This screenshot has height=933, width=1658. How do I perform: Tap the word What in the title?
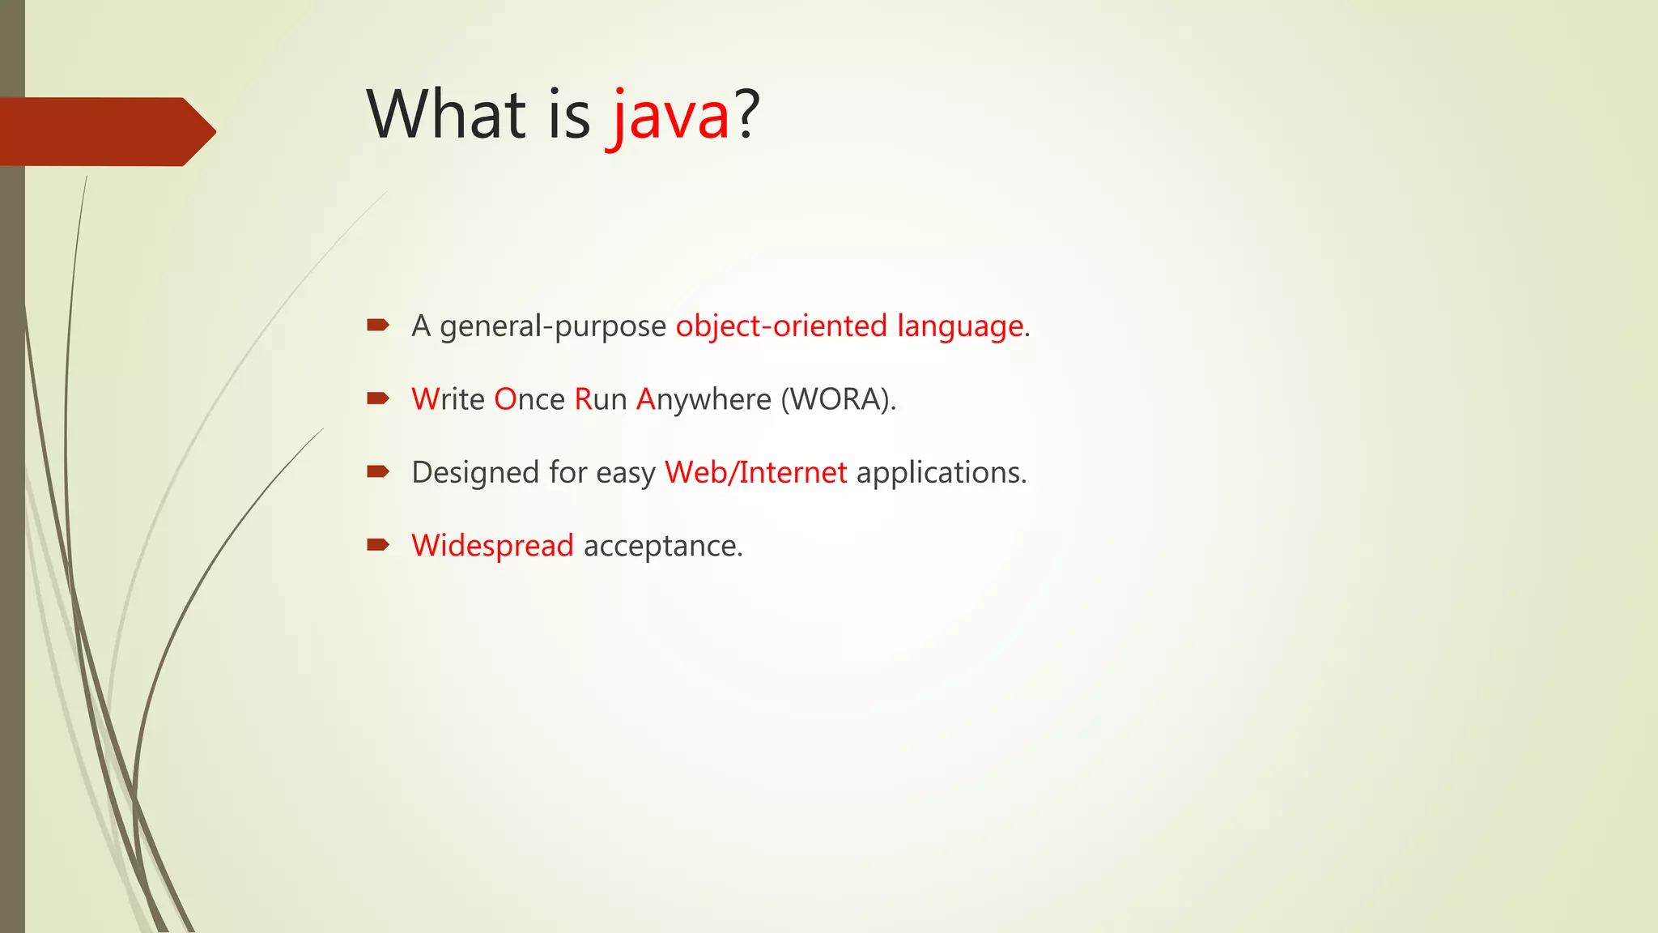tap(446, 114)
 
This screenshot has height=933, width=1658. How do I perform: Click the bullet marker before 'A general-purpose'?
tap(378, 326)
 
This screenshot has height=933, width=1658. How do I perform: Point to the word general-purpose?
tap(553, 326)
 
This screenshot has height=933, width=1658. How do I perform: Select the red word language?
tap(960, 326)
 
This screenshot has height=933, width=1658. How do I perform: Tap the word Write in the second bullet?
tap(448, 399)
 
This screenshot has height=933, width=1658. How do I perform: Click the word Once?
tap(529, 399)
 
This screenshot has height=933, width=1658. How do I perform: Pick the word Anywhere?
tap(704, 399)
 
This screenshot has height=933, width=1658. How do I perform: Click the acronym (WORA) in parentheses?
tap(837, 399)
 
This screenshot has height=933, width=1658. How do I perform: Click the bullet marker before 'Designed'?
tap(378, 471)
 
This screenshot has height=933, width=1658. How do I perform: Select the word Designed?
tap(475, 472)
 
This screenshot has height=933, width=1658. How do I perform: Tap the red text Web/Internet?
tap(755, 472)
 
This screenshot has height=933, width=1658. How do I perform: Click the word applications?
tap(941, 472)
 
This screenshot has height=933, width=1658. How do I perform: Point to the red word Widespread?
tap(492, 546)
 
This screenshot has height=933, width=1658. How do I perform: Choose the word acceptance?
tap(662, 546)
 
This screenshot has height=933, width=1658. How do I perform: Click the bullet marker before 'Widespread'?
tap(378, 544)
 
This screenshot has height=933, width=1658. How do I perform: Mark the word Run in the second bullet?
tap(601, 399)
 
